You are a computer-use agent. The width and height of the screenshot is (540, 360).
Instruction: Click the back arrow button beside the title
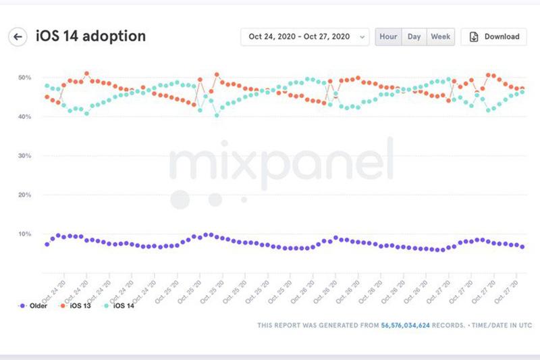coord(18,36)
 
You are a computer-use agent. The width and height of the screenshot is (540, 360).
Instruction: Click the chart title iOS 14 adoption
coord(90,36)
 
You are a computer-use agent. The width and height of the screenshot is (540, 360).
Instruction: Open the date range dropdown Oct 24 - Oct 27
coord(304,36)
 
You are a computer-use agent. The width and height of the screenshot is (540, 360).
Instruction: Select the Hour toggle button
coord(388,36)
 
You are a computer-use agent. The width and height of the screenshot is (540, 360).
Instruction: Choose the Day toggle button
coord(414,36)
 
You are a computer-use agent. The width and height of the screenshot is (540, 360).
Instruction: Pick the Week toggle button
coord(441,36)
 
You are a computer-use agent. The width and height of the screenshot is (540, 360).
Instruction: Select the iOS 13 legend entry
coord(79,305)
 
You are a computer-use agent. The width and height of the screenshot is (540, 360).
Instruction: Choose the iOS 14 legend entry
coord(122,305)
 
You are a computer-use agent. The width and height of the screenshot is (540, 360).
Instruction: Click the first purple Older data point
coord(47,244)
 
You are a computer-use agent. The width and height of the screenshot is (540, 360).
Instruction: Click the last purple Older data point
coord(522,247)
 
